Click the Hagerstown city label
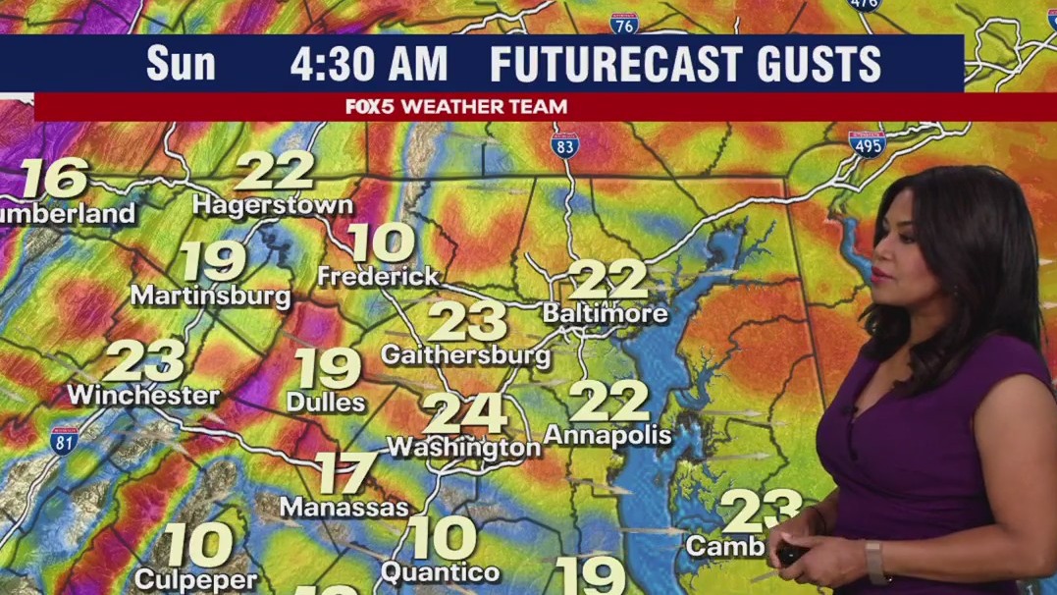pyautogui.click(x=272, y=205)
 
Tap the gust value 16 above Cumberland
pyautogui.click(x=54, y=178)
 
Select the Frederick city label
pyautogui.click(x=378, y=277)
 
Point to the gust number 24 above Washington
pyautogui.click(x=466, y=413)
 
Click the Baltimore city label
pyautogui.click(x=606, y=314)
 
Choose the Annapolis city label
pyautogui.click(x=608, y=434)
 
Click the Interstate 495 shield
pyautogui.click(x=868, y=143)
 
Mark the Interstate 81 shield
pyautogui.click(x=65, y=439)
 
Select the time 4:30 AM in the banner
pyautogui.click(x=368, y=65)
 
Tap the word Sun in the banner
pyautogui.click(x=181, y=65)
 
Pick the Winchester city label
pyautogui.click(x=143, y=396)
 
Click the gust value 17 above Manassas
pyautogui.click(x=345, y=473)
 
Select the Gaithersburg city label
pyautogui.click(x=465, y=354)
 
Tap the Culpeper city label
pyautogui.click(x=195, y=579)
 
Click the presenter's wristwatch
pyautogui.click(x=874, y=562)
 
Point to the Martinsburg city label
pyautogui.click(x=210, y=295)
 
